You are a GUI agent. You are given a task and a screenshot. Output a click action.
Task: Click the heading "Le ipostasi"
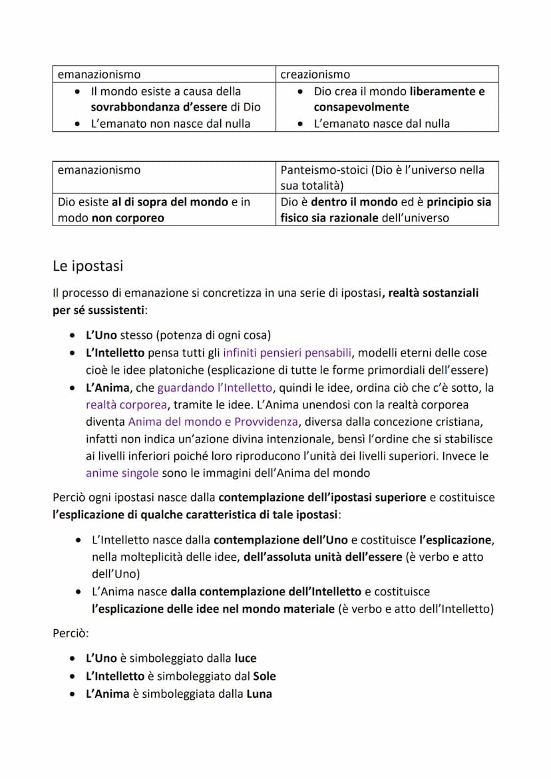[88, 266]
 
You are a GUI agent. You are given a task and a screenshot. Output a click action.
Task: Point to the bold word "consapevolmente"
[361, 107]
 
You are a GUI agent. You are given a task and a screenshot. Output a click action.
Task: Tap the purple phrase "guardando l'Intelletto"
[215, 388]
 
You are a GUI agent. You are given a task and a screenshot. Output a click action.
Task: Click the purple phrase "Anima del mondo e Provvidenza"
[212, 422]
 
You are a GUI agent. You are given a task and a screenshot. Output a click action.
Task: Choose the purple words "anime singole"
[122, 473]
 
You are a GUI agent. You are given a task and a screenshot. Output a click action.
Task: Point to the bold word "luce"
[246, 659]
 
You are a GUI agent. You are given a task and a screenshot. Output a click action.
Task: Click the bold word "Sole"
[264, 676]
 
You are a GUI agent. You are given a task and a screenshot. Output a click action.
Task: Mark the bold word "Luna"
[260, 694]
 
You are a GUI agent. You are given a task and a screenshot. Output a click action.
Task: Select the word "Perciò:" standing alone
[70, 634]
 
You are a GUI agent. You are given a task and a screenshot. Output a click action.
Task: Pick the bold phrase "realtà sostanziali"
[433, 293]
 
